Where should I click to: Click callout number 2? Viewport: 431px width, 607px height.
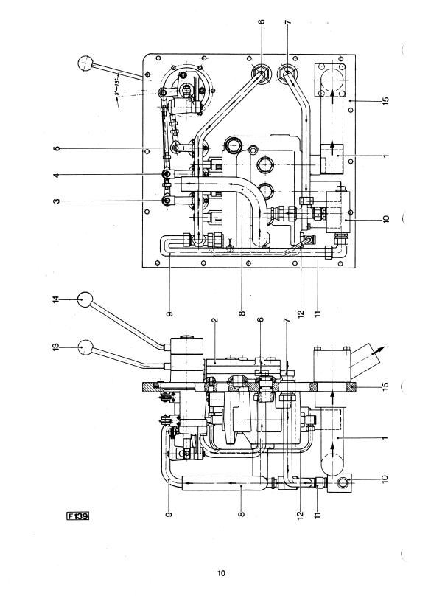click(215, 320)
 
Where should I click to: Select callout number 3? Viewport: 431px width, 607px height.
click(57, 201)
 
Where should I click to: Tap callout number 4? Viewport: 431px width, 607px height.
click(57, 176)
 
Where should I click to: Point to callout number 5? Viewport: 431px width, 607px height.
click(57, 149)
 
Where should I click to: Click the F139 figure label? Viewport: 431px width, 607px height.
click(78, 516)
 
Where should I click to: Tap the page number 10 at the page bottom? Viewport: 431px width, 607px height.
click(221, 573)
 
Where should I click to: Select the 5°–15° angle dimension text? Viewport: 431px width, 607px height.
click(117, 84)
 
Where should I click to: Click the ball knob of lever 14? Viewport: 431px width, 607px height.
click(85, 299)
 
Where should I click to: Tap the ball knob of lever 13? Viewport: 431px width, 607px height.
click(85, 347)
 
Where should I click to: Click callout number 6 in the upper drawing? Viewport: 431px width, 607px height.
click(262, 21)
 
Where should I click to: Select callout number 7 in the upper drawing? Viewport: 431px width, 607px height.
click(287, 22)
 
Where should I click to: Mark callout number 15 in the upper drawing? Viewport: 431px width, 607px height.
click(385, 100)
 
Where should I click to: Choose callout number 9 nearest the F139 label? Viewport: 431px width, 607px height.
click(169, 515)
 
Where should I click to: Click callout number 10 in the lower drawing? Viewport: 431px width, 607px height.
click(385, 479)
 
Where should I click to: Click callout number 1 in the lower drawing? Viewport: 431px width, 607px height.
click(385, 438)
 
